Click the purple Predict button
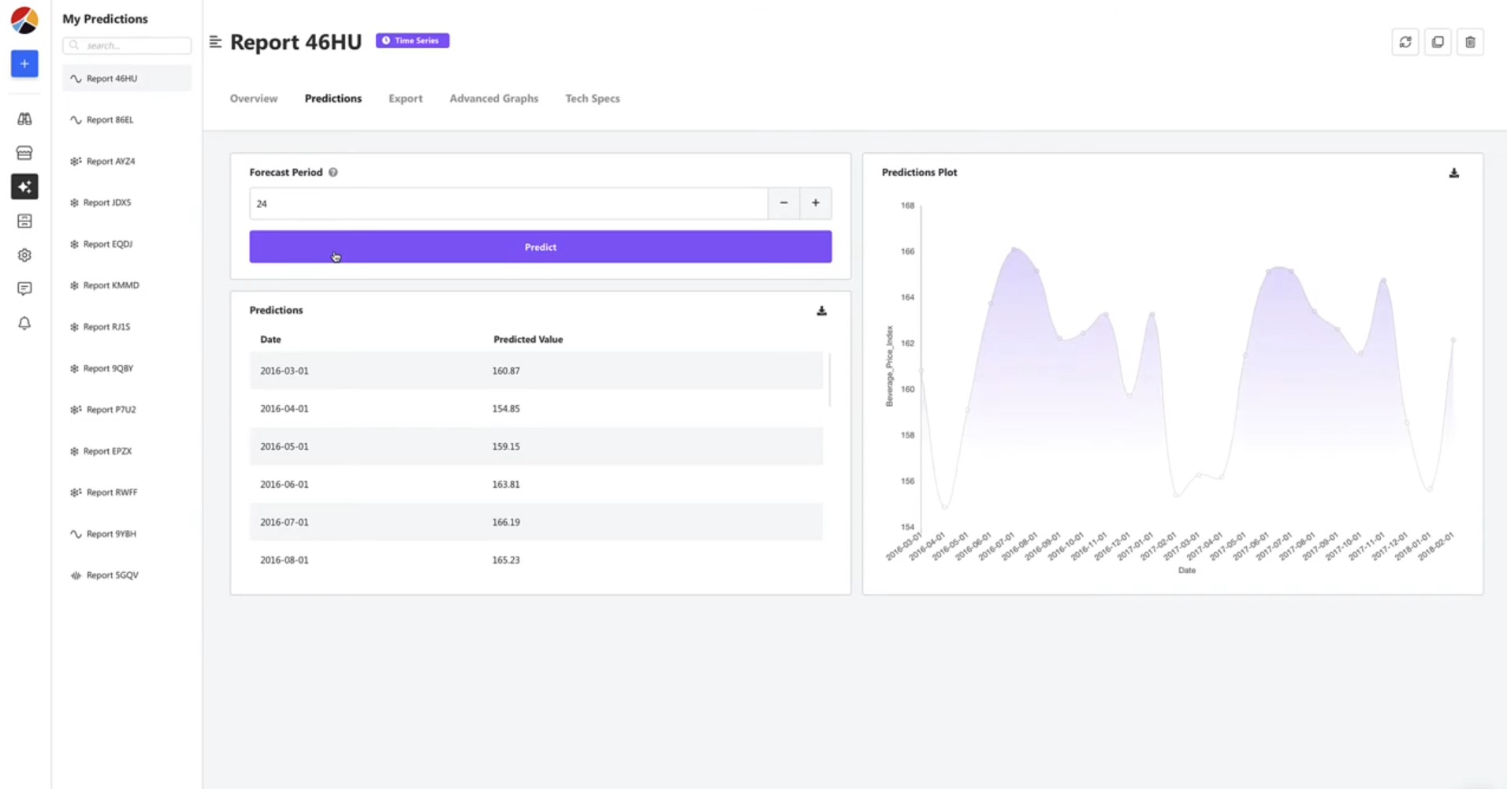pos(540,247)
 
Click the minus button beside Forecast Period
pos(783,203)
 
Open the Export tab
pos(405,99)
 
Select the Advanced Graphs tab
pos(493,99)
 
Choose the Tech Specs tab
pos(592,99)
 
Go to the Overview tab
pos(254,99)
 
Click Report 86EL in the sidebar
pos(110,120)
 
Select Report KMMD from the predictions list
pos(110,285)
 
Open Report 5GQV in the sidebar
pos(112,575)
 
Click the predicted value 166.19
pos(506,522)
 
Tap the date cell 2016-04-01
pos(285,408)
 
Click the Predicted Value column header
pos(528,339)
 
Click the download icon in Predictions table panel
pos(821,311)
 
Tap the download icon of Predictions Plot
pos(1454,173)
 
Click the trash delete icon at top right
pos(1470,42)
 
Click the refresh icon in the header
pos(1405,42)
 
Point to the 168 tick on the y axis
pos(907,206)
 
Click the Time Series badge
pos(412,40)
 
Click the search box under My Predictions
pos(127,46)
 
